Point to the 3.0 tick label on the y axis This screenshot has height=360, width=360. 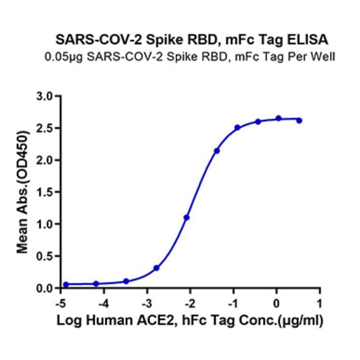coord(48,96)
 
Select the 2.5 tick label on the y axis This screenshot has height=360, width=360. coord(48,128)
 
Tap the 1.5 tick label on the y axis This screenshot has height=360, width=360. coord(48,192)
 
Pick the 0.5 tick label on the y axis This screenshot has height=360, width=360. coord(48,256)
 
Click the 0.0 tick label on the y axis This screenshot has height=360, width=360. coord(48,288)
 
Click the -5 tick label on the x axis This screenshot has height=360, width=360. coord(61,302)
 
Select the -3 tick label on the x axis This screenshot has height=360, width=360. coord(147,302)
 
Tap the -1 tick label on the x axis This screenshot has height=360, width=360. coord(233,302)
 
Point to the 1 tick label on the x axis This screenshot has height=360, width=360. coord(320,302)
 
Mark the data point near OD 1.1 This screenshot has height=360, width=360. coord(187,218)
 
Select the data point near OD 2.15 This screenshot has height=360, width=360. coord(217,151)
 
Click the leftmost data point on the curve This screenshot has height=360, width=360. coord(66,285)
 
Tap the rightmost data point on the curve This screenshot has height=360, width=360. coord(299,121)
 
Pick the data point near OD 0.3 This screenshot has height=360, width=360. coord(156,268)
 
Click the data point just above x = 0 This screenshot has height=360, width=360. coord(278,118)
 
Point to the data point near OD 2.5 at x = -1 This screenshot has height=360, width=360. coord(237,127)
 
